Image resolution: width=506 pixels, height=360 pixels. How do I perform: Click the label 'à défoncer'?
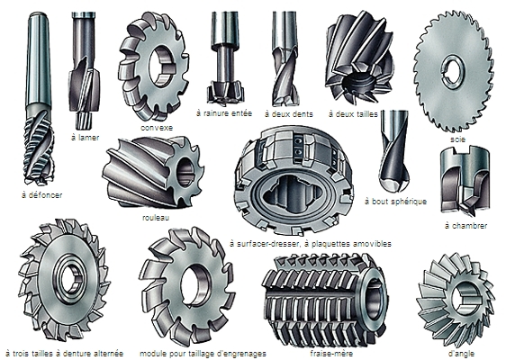[x=41, y=195]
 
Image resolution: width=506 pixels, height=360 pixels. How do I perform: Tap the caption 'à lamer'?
[x=85, y=138]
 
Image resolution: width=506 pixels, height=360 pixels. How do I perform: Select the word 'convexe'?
[x=157, y=128]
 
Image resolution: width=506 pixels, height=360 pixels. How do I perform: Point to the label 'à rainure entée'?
[x=224, y=113]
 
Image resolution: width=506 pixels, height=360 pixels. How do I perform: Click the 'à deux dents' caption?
[x=288, y=114]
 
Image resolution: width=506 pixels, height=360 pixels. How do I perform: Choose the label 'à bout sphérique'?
[x=395, y=202]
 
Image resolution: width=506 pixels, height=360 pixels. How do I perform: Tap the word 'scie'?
[x=458, y=139]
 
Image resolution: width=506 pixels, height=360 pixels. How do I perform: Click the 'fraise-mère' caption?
[x=331, y=353]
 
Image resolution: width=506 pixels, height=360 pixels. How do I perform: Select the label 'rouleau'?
[x=156, y=218]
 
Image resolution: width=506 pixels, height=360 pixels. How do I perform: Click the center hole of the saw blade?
[x=454, y=73]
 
